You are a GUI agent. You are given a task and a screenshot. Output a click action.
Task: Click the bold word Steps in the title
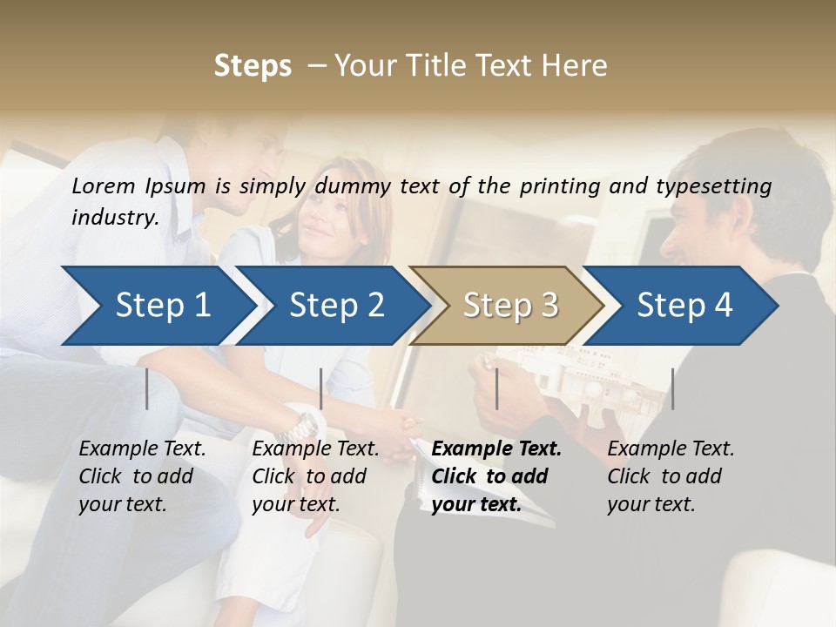(x=253, y=66)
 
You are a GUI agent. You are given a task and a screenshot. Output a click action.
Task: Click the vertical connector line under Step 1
(x=146, y=388)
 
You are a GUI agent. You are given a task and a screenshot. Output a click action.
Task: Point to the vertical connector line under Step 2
(x=321, y=388)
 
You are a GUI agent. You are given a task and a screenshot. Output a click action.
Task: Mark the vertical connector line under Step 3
(x=496, y=388)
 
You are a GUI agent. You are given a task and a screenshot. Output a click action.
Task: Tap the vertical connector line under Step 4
(x=672, y=388)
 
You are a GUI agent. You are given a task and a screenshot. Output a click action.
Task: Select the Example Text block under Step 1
(x=142, y=476)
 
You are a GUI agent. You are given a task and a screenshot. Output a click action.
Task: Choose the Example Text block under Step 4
(x=671, y=476)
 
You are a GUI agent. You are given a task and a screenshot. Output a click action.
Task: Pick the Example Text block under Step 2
(x=315, y=476)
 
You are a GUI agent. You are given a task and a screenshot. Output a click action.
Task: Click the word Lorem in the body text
(x=103, y=185)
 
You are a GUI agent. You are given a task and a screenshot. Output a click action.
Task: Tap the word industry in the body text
(x=114, y=218)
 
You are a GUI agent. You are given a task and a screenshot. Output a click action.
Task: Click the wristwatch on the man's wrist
(x=304, y=425)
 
